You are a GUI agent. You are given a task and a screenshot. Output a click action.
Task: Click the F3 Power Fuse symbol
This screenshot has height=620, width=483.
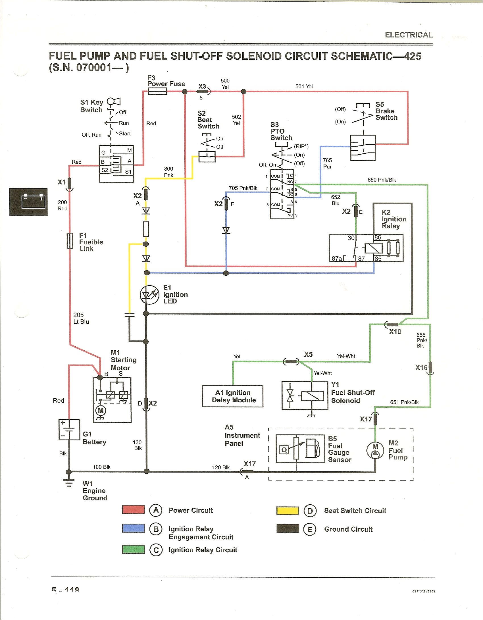157,91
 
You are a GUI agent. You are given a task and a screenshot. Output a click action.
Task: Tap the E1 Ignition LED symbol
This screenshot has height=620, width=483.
149,295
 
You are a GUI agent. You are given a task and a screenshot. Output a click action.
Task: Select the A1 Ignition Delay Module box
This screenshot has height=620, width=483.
233,396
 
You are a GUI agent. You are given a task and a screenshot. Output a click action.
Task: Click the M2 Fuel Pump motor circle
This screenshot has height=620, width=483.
375,450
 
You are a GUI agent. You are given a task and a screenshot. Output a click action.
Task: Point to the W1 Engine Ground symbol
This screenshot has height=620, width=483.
69,483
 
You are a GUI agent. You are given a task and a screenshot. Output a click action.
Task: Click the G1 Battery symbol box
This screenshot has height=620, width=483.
69,430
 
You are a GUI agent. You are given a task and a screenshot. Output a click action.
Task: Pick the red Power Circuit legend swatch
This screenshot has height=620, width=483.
133,509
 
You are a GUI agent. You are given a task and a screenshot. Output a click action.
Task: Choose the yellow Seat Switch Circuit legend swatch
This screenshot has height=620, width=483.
288,511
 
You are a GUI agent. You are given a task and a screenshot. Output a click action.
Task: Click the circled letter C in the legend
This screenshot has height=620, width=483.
156,550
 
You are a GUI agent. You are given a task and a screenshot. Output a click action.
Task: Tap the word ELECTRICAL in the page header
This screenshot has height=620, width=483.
409,35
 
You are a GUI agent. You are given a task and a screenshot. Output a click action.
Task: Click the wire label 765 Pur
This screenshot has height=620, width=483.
327,163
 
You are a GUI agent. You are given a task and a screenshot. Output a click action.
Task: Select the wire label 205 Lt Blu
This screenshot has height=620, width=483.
81,318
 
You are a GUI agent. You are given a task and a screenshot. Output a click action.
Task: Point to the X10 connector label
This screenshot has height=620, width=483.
395,332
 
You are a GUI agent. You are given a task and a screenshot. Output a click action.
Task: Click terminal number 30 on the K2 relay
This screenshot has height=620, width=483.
351,238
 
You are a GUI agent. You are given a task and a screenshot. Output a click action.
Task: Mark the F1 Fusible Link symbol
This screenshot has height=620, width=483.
70,241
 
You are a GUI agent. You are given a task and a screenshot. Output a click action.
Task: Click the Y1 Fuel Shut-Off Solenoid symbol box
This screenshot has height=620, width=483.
305,396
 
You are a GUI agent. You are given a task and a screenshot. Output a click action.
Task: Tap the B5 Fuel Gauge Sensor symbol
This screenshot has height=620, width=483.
300,449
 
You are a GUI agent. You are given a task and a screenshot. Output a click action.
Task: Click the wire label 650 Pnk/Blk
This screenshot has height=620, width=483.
382,180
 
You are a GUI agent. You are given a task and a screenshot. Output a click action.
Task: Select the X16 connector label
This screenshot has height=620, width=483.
421,368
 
